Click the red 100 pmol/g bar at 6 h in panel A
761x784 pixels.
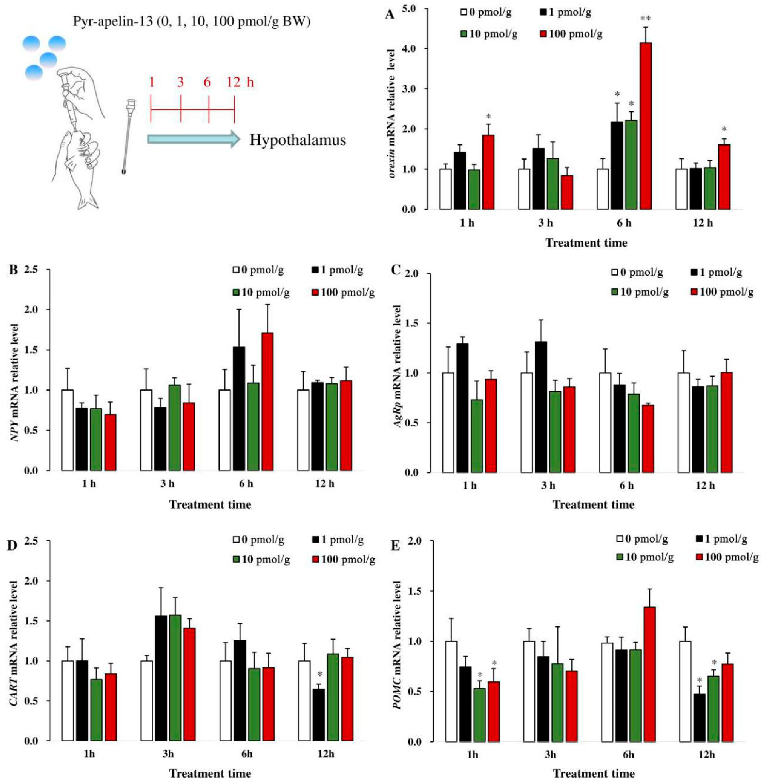coord(646,126)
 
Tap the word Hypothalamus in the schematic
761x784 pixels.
coord(298,141)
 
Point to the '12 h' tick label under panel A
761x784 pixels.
coord(703,223)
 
